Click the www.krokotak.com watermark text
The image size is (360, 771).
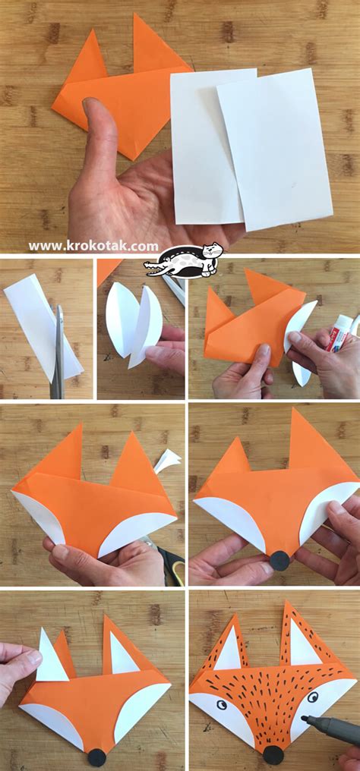tap(93, 246)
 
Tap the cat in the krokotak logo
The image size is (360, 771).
tap(210, 257)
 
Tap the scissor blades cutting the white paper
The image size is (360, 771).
tap(58, 351)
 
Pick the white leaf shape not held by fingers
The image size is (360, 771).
tap(121, 322)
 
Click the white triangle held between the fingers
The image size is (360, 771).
tap(52, 657)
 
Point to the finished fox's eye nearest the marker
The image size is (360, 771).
tap(312, 697)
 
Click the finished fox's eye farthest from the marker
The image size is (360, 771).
tap(222, 705)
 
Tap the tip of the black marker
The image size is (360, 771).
tap(304, 719)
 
